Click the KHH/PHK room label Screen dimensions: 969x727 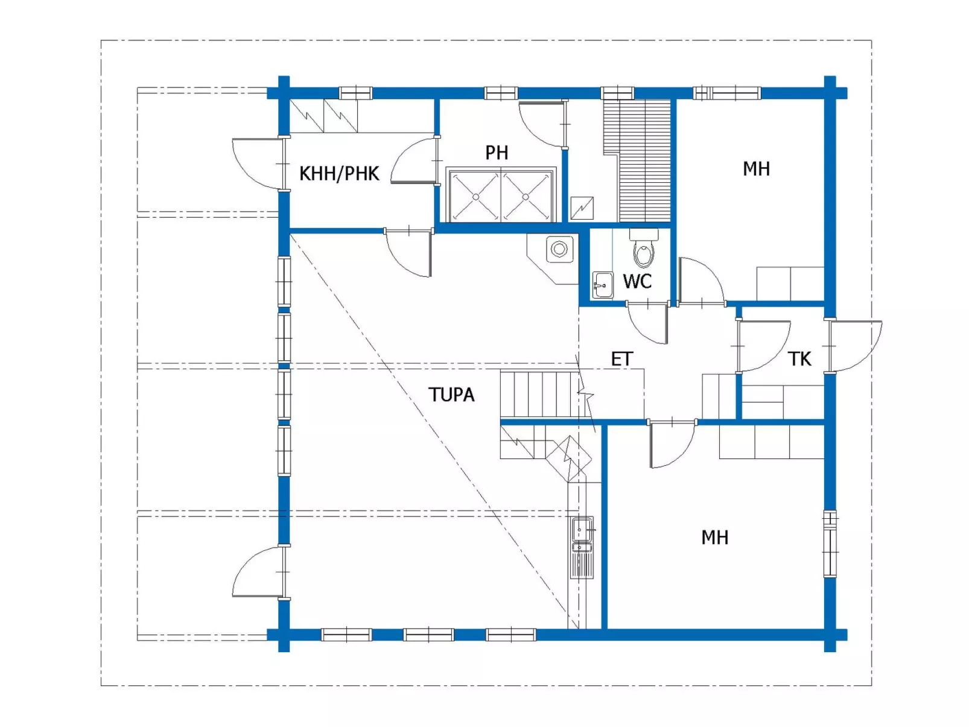[338, 174]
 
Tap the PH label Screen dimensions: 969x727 [497, 153]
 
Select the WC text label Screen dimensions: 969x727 [637, 281]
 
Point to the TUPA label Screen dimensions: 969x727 [451, 395]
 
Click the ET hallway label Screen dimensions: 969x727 [622, 359]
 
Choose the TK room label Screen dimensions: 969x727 [799, 359]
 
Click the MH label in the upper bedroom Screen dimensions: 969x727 [756, 168]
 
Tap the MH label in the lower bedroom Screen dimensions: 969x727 [715, 537]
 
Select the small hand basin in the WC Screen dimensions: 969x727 [603, 285]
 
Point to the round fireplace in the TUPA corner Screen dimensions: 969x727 [559, 249]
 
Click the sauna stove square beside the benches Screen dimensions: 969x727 [582, 208]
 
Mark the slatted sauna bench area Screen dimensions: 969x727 [638, 160]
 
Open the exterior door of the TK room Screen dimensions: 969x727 [854, 346]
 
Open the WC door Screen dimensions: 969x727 [647, 323]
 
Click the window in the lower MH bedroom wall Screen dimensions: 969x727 [830, 544]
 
